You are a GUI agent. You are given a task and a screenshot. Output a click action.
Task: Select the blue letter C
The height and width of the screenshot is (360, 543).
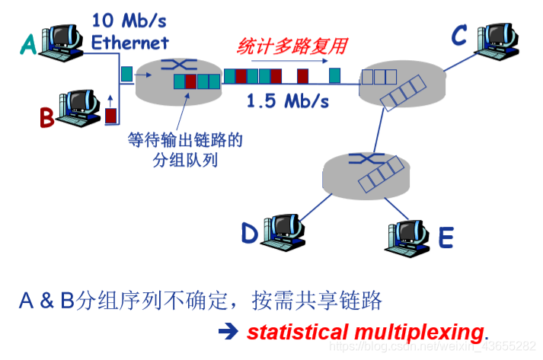coord(459,35)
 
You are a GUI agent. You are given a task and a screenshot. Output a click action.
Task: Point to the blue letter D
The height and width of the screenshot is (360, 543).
coord(250,232)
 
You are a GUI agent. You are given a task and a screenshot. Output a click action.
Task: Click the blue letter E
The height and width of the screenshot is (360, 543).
coord(446,238)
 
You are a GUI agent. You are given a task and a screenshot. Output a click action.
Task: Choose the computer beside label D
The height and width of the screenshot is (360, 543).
coord(281,228)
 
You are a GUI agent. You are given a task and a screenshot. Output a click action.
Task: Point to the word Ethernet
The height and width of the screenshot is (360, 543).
coord(129,40)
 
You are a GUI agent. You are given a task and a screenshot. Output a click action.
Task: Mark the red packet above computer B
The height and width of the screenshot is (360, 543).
coord(111,116)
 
